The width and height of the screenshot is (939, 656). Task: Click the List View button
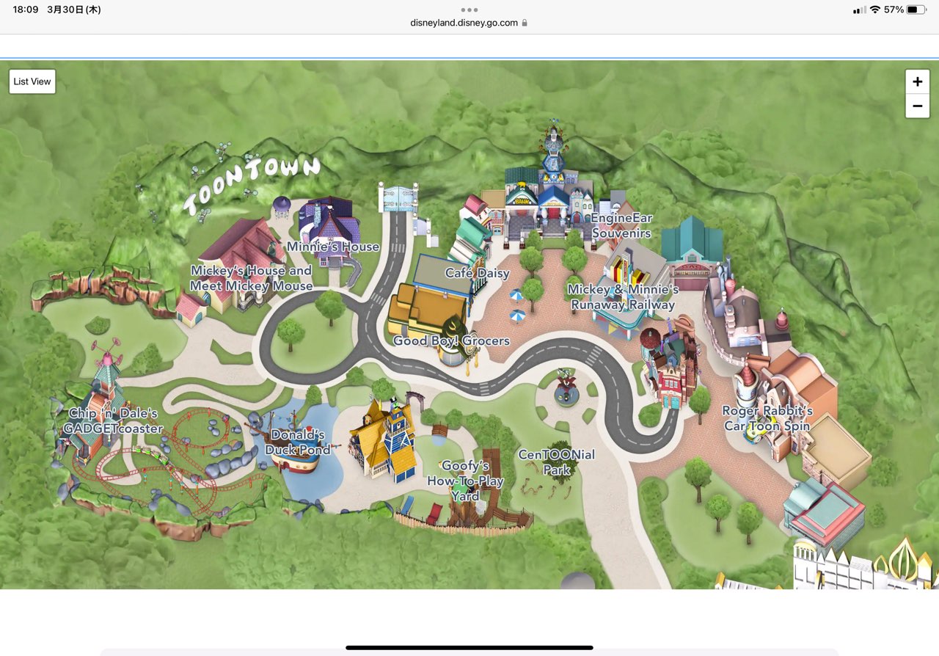32,81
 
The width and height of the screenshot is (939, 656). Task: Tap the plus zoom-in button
917,81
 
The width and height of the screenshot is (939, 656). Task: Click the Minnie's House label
333,247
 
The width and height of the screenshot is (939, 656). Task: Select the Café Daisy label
477,274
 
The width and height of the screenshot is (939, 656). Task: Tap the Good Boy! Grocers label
451,341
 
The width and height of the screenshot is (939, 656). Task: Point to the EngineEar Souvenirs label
621,226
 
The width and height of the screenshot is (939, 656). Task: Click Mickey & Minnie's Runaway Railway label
623,297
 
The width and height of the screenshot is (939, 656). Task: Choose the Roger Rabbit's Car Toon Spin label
767,419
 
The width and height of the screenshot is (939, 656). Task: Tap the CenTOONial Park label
556,462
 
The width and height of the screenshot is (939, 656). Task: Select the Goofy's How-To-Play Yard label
465,481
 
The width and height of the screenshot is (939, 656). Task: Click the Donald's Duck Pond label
298,442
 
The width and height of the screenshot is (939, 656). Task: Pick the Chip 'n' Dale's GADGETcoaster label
113,421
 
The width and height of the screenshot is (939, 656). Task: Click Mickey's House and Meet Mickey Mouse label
252,279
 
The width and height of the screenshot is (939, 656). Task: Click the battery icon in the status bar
916,10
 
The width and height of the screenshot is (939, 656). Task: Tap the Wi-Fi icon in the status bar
874,10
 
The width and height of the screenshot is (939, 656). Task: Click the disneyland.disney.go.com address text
464,23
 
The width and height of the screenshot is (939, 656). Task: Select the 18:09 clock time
26,10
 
